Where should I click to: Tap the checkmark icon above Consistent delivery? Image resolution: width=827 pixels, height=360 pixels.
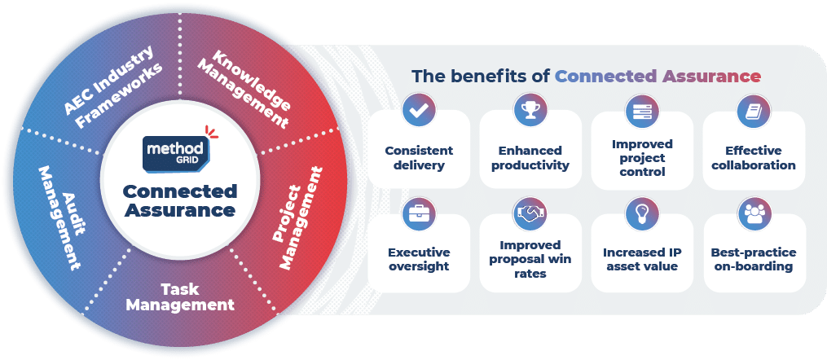click(419, 109)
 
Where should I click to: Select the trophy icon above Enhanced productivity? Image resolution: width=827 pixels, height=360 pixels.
click(530, 109)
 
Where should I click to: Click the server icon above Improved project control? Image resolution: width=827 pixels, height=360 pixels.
click(642, 110)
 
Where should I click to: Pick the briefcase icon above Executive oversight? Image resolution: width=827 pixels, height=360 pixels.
click(419, 213)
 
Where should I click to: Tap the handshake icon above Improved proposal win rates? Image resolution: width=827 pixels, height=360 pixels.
click(530, 213)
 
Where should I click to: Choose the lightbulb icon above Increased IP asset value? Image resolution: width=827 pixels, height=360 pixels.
click(642, 213)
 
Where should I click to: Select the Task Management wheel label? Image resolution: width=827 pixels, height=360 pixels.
click(180, 296)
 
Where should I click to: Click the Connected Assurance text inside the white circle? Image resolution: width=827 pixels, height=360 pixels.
click(180, 200)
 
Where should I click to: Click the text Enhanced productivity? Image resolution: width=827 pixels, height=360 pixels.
click(530, 157)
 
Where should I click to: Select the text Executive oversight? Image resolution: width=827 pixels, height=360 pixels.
click(419, 259)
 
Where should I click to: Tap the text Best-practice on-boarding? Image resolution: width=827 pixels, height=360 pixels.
click(754, 259)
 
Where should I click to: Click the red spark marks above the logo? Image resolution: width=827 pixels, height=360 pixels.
click(211, 130)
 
